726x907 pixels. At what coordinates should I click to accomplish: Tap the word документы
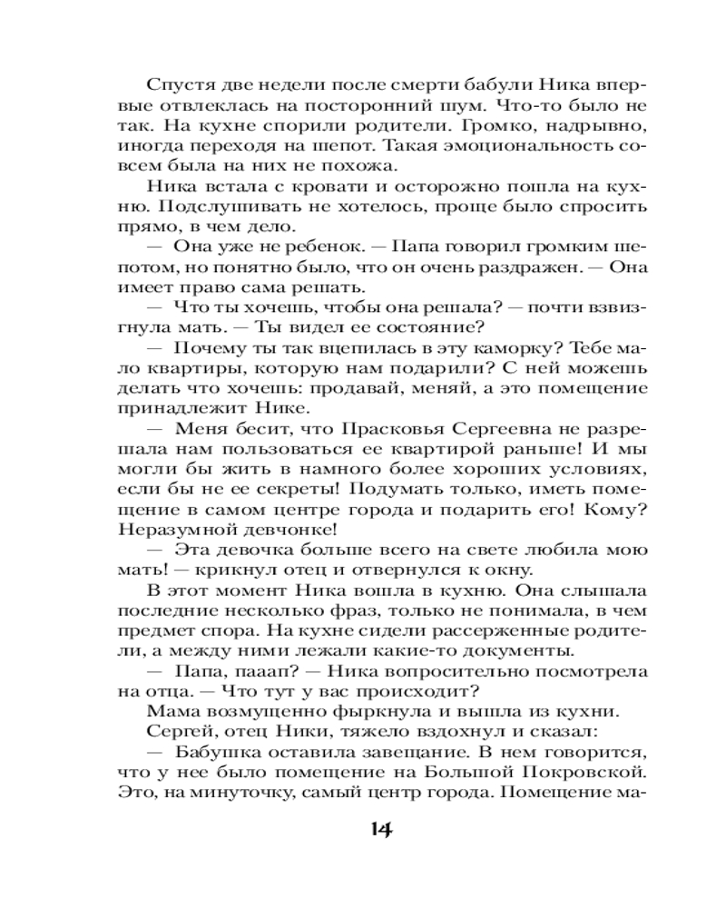(x=495, y=650)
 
